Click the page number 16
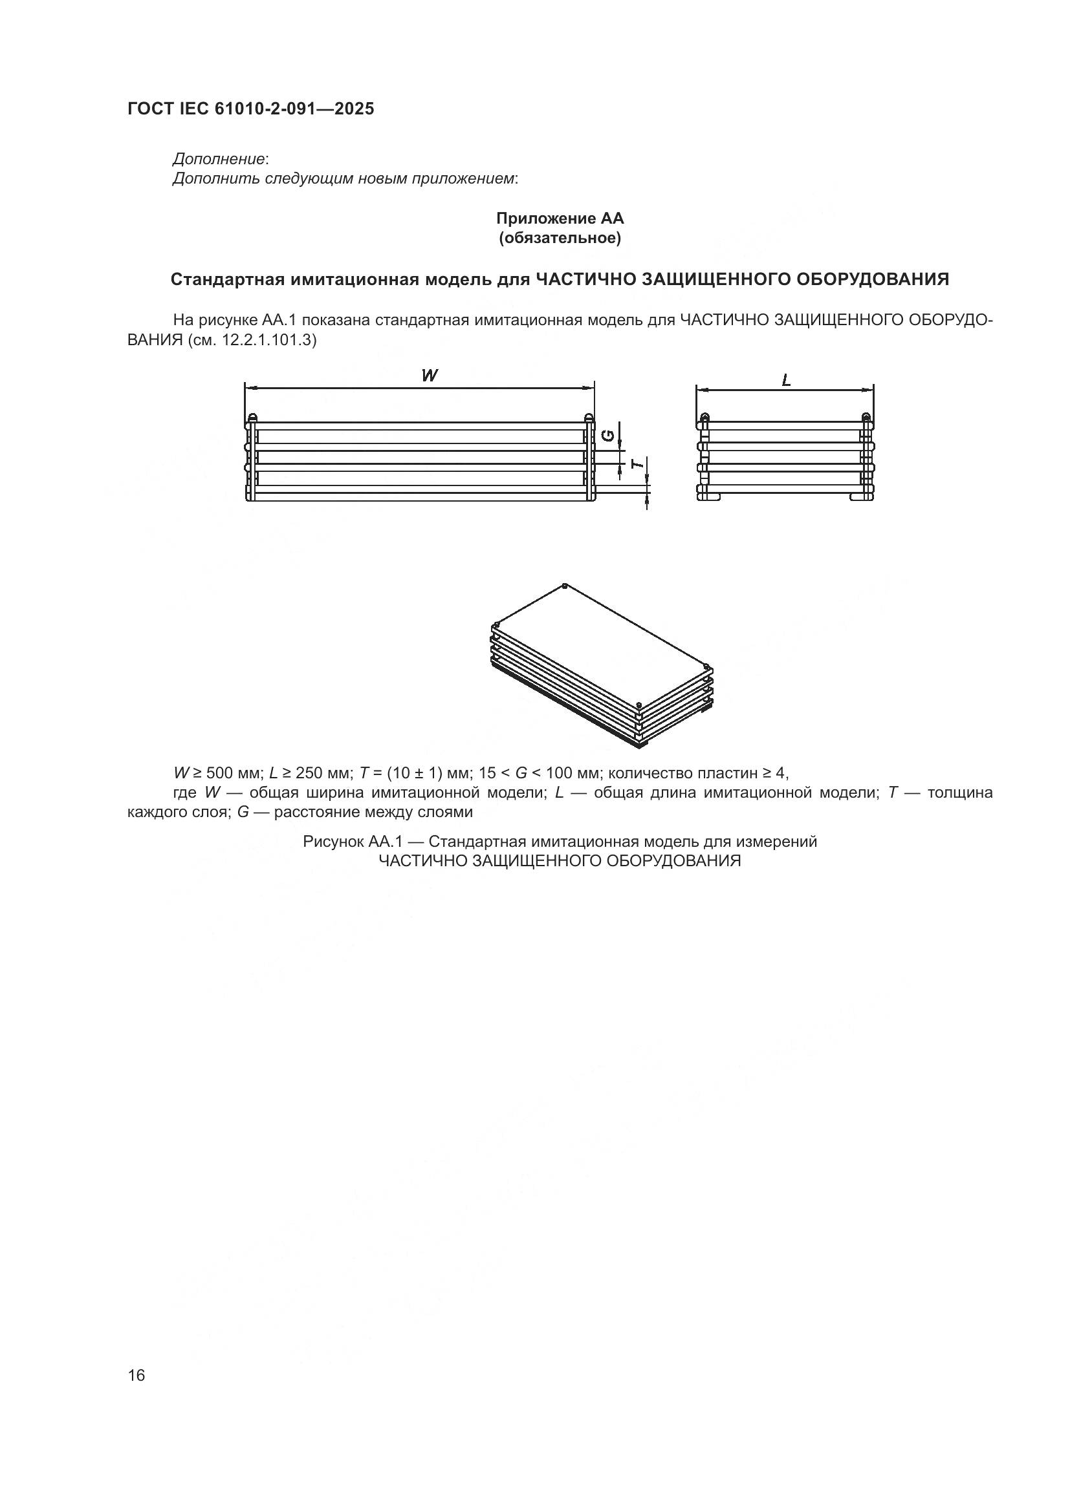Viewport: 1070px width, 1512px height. (136, 1375)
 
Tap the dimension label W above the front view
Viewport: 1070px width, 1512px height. (430, 376)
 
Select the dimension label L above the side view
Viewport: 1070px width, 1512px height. (786, 380)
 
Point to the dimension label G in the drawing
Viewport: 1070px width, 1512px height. (610, 435)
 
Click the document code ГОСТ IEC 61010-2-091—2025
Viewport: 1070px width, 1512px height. (250, 109)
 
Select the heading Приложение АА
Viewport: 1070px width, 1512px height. (560, 218)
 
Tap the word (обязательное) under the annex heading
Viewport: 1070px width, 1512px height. (560, 239)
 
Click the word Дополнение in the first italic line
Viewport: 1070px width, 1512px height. (219, 159)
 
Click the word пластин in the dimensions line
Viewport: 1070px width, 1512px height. (736, 772)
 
